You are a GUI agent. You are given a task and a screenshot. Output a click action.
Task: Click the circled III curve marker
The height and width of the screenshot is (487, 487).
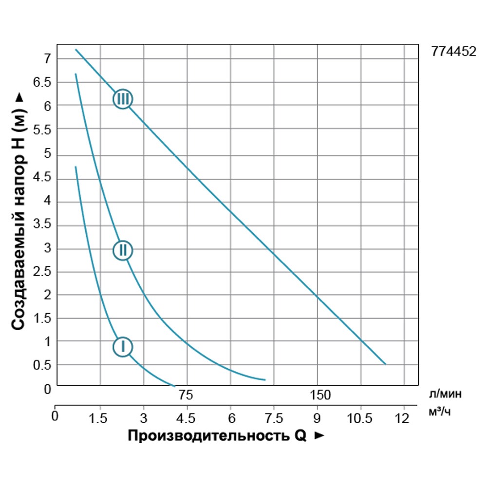tap(123, 99)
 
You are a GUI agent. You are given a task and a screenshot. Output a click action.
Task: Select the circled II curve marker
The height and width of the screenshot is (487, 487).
tap(123, 250)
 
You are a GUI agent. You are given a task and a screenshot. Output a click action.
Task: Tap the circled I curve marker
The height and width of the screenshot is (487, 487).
tap(123, 347)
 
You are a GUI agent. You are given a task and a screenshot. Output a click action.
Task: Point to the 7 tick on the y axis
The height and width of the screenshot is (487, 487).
tap(47, 59)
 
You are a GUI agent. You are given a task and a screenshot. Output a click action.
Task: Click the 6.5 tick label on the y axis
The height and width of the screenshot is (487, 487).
tap(42, 82)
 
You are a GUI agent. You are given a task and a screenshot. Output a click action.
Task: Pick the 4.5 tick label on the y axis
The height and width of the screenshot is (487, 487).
tap(42, 178)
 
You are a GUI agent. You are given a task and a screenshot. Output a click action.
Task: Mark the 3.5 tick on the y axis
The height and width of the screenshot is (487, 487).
tap(42, 225)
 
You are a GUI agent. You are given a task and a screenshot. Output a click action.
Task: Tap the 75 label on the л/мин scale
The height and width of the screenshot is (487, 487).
tap(187, 395)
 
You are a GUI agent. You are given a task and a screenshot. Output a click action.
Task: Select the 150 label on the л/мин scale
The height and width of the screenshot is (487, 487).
tap(319, 395)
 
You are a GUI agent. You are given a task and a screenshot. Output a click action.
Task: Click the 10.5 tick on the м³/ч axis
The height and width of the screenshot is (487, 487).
tap(360, 418)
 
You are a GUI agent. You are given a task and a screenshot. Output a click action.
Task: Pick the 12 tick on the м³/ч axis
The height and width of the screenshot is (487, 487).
tap(402, 418)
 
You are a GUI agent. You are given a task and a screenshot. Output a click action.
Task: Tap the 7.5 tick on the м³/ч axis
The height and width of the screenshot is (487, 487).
tap(274, 418)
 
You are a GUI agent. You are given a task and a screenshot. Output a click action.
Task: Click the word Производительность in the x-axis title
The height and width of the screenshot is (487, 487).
tap(209, 435)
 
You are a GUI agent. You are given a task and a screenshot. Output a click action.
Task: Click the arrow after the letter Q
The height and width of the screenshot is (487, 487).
tap(319, 435)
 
